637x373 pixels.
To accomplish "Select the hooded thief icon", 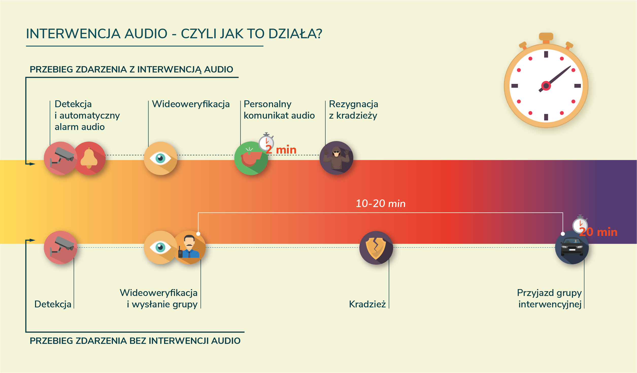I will pos(336,158).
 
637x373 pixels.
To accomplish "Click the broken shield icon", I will pos(376,248).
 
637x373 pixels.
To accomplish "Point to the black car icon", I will pos(572,248).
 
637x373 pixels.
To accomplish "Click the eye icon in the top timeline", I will pos(160,158).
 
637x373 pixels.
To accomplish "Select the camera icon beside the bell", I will pos(60,158).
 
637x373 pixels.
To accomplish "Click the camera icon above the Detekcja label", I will pos(60,247).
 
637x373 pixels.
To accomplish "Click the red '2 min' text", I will pos(281,150).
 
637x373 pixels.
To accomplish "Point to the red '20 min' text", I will pos(598,232).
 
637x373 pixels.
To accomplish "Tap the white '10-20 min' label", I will pos(380,203).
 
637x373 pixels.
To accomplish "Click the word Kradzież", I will pos(367,304).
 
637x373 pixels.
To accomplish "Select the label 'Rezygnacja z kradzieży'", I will pos(353,110).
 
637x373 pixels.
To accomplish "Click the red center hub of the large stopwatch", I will pos(546,86).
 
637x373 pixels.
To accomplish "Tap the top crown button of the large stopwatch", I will pos(546,36).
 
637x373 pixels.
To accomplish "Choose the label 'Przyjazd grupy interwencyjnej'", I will pos(549,299).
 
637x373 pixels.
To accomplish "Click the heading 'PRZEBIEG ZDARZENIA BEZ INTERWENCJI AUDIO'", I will pos(135,341).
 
